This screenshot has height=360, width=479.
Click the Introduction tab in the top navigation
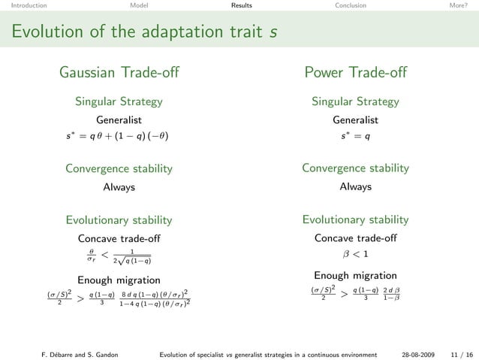pyautogui.click(x=23, y=5)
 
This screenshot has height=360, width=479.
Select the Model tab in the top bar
pyautogui.click(x=139, y=5)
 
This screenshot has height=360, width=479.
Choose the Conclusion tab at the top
pyautogui.click(x=351, y=5)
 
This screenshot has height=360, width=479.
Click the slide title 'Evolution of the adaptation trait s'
pyautogui.click(x=139, y=32)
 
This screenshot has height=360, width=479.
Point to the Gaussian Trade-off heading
pyautogui.click(x=119, y=73)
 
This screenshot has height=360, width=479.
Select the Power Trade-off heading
pyautogui.click(x=355, y=73)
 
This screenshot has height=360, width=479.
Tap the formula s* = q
pyautogui.click(x=355, y=138)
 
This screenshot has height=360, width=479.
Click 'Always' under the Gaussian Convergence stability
pyautogui.click(x=119, y=187)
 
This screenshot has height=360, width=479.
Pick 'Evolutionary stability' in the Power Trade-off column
pyautogui.click(x=355, y=219)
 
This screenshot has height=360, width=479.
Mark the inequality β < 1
pyautogui.click(x=355, y=253)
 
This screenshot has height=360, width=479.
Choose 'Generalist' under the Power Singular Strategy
pyautogui.click(x=355, y=119)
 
